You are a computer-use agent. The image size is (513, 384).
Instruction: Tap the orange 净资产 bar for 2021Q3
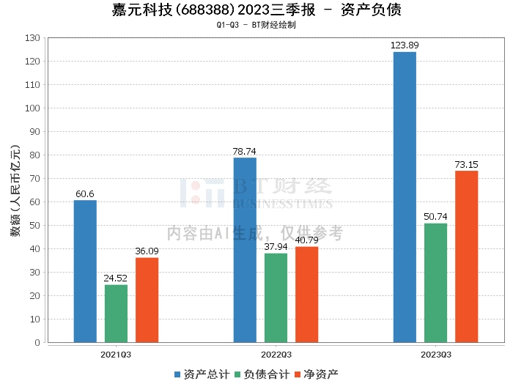click(x=147, y=300)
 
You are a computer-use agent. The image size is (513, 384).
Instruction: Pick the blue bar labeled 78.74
click(x=245, y=250)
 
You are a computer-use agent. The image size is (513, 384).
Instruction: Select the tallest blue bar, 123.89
click(x=405, y=197)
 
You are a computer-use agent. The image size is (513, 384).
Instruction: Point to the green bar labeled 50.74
click(x=435, y=283)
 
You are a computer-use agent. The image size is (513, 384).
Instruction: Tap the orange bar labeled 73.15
click(x=466, y=256)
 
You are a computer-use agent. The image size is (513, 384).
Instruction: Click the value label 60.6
click(x=85, y=194)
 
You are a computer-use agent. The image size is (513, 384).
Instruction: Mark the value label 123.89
click(x=405, y=45)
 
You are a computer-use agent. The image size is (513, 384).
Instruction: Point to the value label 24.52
click(x=116, y=278)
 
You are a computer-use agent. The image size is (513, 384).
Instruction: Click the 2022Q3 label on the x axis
click(x=276, y=354)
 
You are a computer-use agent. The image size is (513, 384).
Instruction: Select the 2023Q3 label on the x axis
click(x=435, y=354)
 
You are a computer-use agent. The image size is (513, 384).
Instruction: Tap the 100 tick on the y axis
click(x=32, y=108)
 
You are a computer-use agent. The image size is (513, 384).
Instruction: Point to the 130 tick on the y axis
click(x=32, y=38)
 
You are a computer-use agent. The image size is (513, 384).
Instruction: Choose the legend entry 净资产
click(x=317, y=374)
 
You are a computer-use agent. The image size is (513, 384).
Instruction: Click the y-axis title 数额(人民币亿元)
click(x=15, y=191)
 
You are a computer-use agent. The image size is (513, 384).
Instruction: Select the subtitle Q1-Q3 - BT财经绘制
click(x=256, y=25)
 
